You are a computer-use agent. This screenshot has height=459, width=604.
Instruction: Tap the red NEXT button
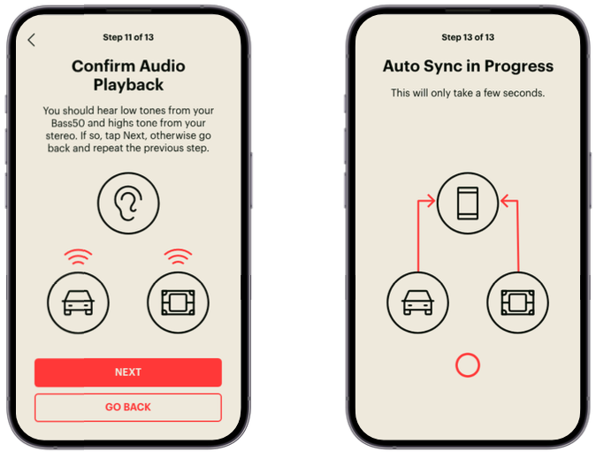point(128,372)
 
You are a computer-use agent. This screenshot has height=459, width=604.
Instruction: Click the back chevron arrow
point(31,40)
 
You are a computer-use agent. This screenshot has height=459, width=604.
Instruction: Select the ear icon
point(128,203)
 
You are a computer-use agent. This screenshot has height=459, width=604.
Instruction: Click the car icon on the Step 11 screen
point(78,302)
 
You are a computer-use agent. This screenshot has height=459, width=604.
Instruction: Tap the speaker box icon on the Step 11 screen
point(178,302)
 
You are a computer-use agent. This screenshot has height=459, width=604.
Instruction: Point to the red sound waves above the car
point(78,256)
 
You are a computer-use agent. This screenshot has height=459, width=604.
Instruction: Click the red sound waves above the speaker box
point(178,256)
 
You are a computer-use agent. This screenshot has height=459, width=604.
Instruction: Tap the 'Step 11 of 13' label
point(128,37)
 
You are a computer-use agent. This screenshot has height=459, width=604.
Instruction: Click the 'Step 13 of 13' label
point(468,37)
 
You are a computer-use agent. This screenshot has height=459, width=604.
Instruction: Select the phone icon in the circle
point(468,203)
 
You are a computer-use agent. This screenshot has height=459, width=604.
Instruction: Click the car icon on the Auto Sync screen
point(418,302)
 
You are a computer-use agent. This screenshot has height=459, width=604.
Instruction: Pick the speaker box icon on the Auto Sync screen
point(517,302)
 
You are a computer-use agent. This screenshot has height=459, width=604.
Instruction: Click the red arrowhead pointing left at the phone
point(505,201)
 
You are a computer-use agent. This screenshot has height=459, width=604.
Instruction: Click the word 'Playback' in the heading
point(128,85)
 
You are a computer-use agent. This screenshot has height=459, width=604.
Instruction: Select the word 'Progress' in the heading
point(519,66)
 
